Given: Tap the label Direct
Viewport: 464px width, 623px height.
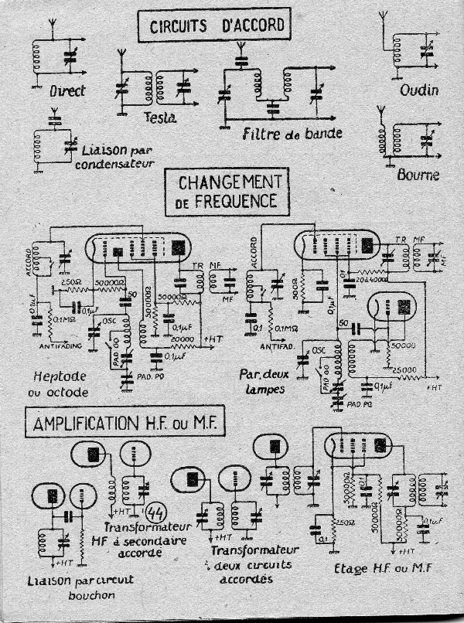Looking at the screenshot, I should tap(46, 91).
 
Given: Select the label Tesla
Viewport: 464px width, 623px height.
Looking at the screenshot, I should tap(161, 117).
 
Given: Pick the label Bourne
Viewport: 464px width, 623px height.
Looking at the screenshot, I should tap(419, 175).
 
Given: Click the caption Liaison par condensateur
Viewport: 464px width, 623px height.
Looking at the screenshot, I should tap(99, 157).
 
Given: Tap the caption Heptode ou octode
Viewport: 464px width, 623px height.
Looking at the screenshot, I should tap(62, 383).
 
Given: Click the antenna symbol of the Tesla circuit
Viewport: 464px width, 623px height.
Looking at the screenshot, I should tap(121, 56).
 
